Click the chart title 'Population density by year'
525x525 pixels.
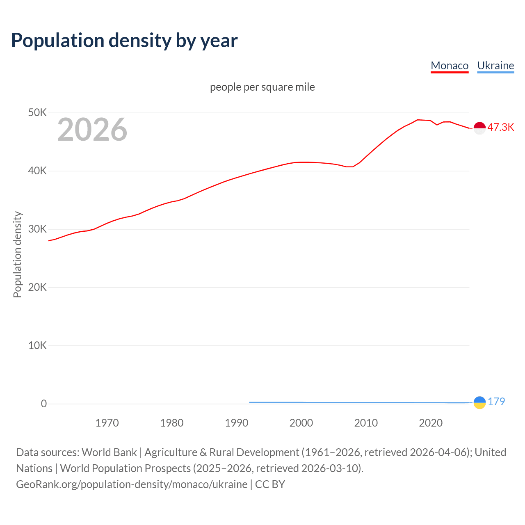click(124, 40)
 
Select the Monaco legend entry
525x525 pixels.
click(450, 66)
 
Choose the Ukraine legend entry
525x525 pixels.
click(495, 66)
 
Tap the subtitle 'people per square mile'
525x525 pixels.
click(262, 87)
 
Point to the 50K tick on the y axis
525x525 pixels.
click(37, 112)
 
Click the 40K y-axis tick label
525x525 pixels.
click(37, 171)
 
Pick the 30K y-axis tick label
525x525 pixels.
click(37, 229)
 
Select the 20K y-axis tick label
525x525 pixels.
click(37, 287)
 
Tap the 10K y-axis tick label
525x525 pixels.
click(37, 345)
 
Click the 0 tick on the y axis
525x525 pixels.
click(44, 404)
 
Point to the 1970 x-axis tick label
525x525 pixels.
click(107, 423)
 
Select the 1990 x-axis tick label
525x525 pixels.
click(237, 423)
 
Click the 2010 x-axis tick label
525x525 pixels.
click(366, 423)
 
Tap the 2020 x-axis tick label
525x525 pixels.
click(431, 423)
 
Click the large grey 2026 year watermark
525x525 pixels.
click(92, 130)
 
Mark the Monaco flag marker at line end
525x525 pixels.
click(479, 128)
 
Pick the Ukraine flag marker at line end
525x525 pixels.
click(479, 402)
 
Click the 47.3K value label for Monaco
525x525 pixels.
click(500, 127)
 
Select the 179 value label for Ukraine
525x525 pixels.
click(496, 402)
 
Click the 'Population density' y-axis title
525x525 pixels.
click(17, 254)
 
